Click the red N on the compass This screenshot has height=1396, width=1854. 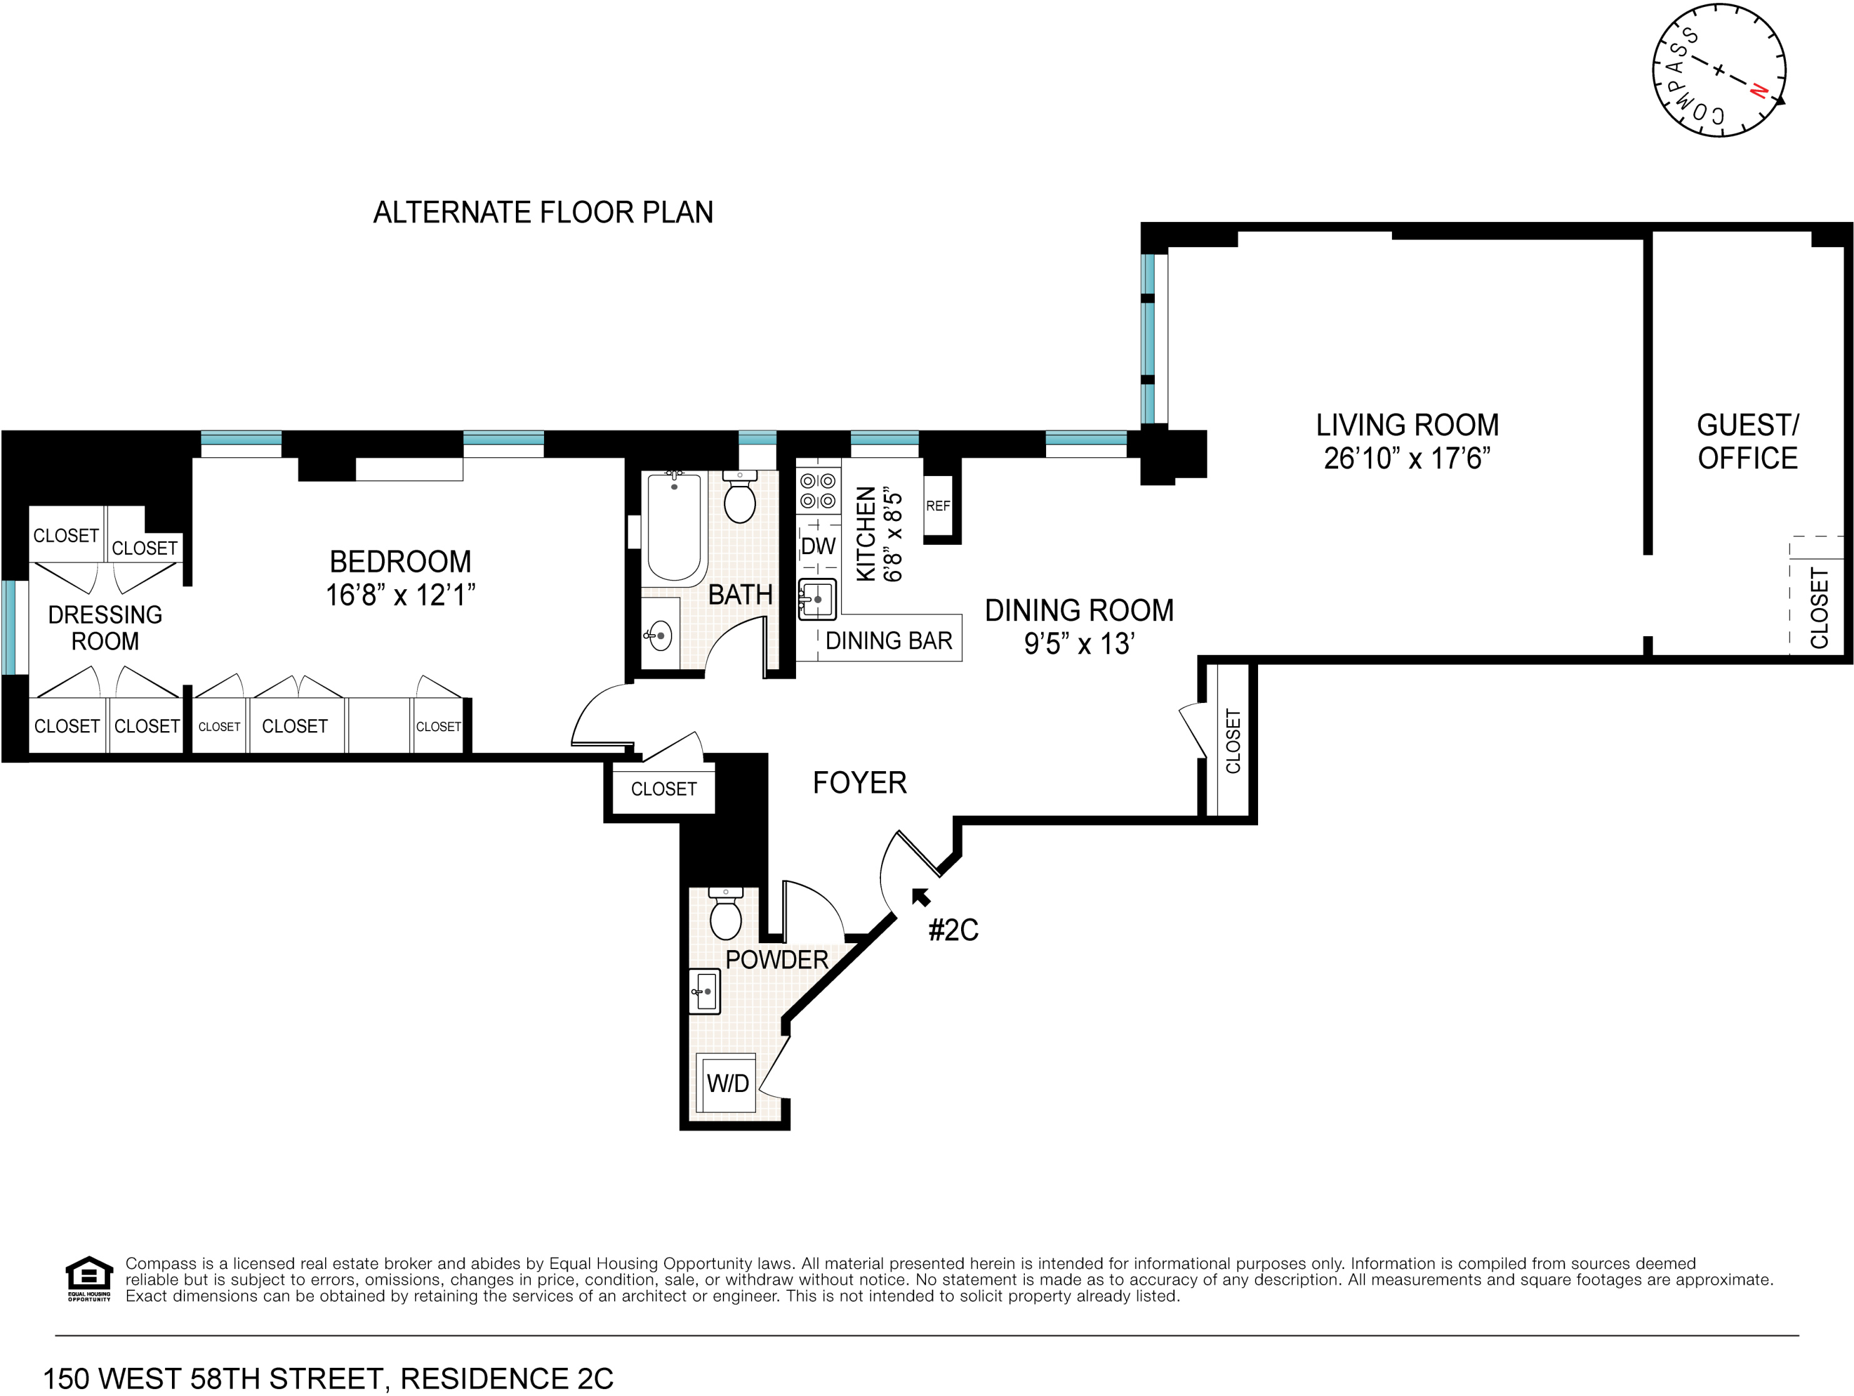pos(1760,91)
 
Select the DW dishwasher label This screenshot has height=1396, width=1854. pos(818,546)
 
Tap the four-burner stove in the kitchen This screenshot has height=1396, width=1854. pos(818,492)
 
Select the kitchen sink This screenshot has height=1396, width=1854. pos(817,599)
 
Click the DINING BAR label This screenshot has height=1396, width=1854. pos(889,642)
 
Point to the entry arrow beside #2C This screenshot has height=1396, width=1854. pos(921,897)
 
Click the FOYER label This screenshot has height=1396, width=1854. pos(860,783)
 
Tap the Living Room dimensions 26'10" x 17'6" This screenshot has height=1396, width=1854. pos(1408,458)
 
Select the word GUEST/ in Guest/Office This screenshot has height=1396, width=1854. pos(1748,425)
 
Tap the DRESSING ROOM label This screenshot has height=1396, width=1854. pos(105,628)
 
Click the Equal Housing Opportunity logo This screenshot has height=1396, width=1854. pos(89,1278)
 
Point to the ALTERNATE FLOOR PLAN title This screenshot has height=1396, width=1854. pos(543,212)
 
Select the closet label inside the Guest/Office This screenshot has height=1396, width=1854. pos(1820,608)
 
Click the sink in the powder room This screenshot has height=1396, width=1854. pos(704,992)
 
